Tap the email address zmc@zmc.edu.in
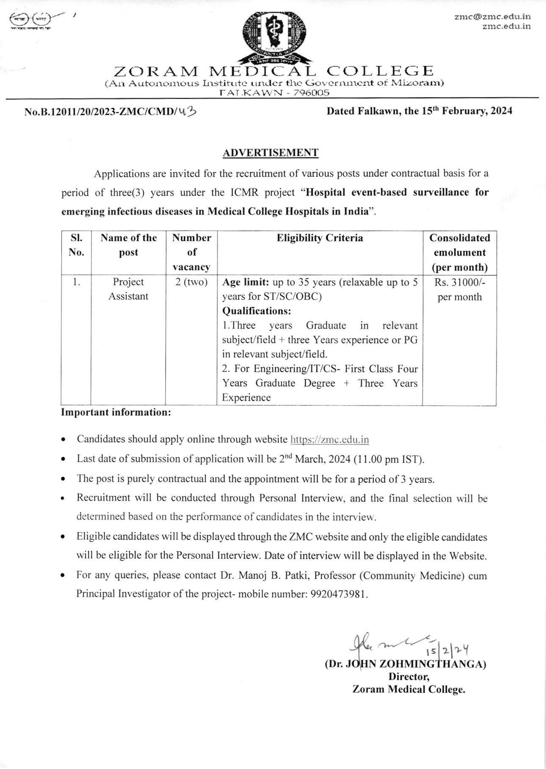point(492,17)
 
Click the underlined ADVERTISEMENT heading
point(270,153)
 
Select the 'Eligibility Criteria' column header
point(320,238)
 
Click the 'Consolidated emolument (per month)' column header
point(459,252)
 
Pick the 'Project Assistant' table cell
point(128,289)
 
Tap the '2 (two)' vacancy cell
point(191,282)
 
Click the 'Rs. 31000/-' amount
point(460,282)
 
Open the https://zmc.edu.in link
point(330,440)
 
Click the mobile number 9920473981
point(338,594)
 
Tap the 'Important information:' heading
point(116,412)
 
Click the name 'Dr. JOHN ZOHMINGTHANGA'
point(405,664)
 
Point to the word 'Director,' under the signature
point(409,676)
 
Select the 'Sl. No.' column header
point(76,245)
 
